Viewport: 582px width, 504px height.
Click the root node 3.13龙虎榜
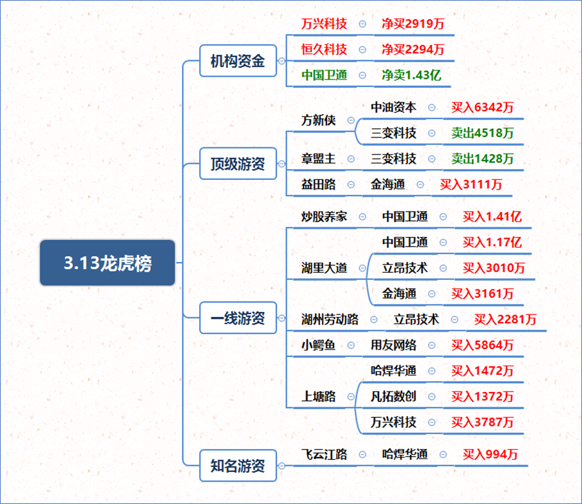pos(108,263)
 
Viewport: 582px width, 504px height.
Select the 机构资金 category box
pos(238,61)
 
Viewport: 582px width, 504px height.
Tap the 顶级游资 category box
pos(238,164)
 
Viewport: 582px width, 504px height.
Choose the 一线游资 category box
pos(238,318)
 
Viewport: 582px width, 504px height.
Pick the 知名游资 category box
pos(238,466)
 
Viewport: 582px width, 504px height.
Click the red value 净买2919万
pos(413,24)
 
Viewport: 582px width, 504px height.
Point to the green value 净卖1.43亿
pos(411,75)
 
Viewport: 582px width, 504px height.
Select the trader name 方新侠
pos(318,120)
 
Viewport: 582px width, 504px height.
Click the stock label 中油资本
pos(394,107)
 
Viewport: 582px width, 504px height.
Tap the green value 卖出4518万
pos(482,133)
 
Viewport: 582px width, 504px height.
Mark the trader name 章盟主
pos(318,159)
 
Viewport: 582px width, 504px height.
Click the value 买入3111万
pos(471,184)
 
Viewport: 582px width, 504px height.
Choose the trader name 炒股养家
pos(324,216)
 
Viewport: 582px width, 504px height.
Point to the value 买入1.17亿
pos(492,242)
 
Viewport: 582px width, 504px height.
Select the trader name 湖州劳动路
pos(330,319)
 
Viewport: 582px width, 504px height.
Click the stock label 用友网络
pos(394,345)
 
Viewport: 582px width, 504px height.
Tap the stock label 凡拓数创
pos(394,396)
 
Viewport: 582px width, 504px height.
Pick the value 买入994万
pos(490,454)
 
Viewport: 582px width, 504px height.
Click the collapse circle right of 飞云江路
pos(362,455)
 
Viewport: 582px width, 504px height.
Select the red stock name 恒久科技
pos(324,49)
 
